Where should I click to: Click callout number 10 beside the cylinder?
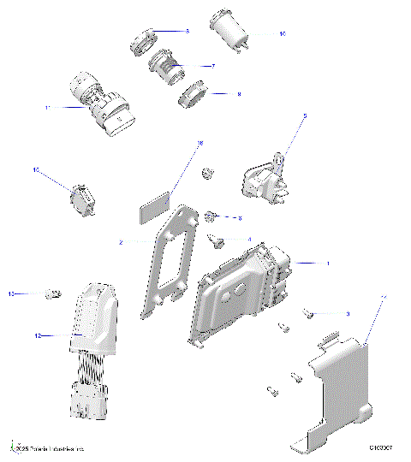(282, 34)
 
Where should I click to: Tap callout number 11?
(48, 108)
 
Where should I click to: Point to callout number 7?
(211, 66)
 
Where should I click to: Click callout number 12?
(38, 336)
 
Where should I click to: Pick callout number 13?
(12, 293)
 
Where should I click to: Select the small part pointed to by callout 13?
(53, 293)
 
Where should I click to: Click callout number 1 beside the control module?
(326, 263)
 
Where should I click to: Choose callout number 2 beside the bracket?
(121, 243)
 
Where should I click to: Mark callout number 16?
(200, 144)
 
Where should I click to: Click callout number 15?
(37, 170)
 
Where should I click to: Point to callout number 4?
(249, 240)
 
